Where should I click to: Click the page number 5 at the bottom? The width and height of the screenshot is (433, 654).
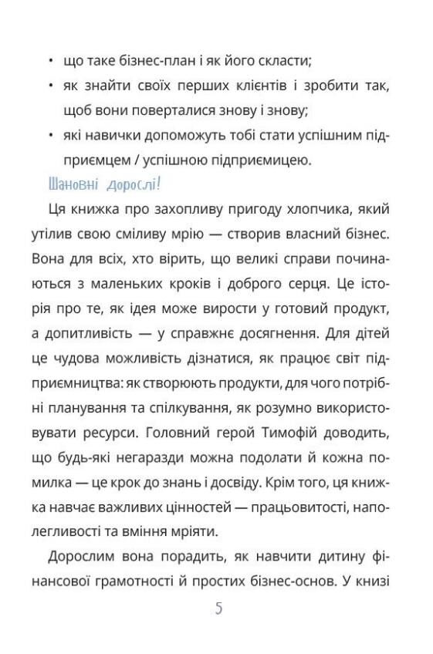218,608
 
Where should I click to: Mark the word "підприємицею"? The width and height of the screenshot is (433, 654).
266,160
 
